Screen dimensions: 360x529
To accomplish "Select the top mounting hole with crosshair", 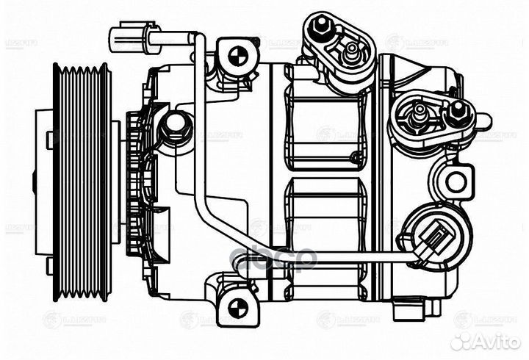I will (237, 56).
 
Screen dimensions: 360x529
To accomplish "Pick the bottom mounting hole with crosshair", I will (237, 306).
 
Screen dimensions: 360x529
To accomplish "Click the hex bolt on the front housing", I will (175, 127).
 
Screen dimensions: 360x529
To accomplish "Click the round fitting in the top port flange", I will (351, 51).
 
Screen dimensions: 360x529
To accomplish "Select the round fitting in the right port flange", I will (419, 112).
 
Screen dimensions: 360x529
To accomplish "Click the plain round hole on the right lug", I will (456, 181).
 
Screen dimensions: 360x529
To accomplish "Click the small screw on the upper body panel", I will (356, 156).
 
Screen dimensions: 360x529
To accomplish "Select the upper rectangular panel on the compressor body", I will (323, 125).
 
